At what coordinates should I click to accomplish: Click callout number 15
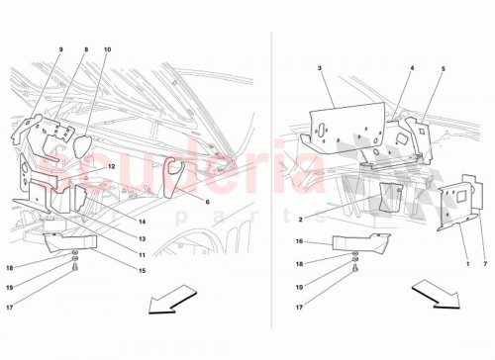pyautogui.click(x=144, y=271)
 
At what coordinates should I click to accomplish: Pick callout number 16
pyautogui.click(x=299, y=240)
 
